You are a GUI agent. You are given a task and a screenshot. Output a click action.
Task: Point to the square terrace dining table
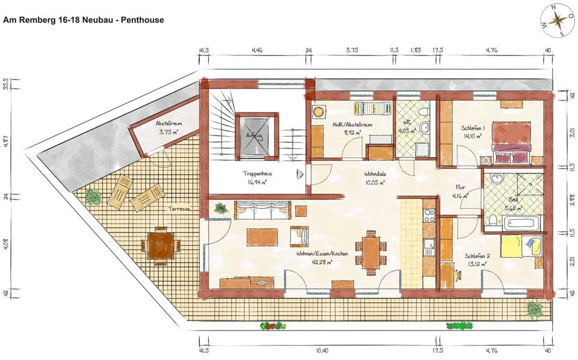click(x=160, y=246)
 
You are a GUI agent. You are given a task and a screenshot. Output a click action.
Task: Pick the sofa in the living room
click(x=262, y=210)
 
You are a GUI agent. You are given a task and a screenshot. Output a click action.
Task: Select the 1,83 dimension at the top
click(x=415, y=51)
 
